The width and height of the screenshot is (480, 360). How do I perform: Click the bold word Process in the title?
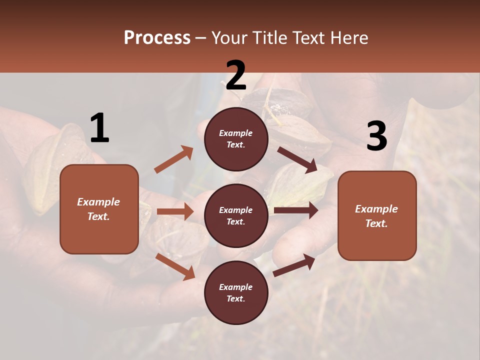(x=157, y=38)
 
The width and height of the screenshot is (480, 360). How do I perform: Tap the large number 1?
(x=99, y=128)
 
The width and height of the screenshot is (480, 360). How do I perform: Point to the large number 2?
(x=236, y=75)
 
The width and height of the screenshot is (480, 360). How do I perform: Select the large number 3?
(x=376, y=136)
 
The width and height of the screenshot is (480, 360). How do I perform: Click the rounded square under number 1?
(x=99, y=209)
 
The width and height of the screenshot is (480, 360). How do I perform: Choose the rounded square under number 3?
(x=377, y=215)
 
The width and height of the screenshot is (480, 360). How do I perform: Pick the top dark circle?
(x=236, y=139)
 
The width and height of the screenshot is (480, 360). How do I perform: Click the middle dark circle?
(x=236, y=215)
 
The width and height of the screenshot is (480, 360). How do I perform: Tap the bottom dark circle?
(x=236, y=292)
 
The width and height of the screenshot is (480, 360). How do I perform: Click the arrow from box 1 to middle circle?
(x=175, y=211)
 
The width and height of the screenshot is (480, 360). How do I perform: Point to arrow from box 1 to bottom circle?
(x=175, y=266)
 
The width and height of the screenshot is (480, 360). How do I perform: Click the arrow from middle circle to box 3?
(x=296, y=210)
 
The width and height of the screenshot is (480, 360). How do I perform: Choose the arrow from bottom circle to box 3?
(x=294, y=265)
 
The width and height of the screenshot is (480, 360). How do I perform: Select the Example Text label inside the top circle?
(x=236, y=139)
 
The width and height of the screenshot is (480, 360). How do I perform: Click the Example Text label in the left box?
(x=99, y=209)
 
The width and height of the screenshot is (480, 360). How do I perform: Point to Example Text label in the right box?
(x=377, y=216)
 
